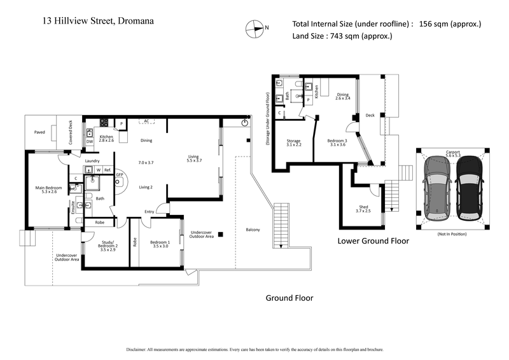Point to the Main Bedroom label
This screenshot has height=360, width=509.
pos(48,190)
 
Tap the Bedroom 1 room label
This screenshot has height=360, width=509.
pos(160,245)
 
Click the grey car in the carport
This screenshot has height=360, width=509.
pos(437,188)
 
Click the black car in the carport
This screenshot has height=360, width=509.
pos(468,188)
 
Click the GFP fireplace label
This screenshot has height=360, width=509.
pos(119,173)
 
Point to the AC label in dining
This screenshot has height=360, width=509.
pos(146,120)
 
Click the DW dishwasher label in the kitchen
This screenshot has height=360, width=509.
pos(90,141)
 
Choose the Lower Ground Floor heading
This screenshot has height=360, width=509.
pos(373,241)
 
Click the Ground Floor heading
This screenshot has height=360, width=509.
pos(289,298)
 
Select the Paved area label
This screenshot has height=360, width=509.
pos(39,132)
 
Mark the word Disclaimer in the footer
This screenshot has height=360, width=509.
pos(138,349)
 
